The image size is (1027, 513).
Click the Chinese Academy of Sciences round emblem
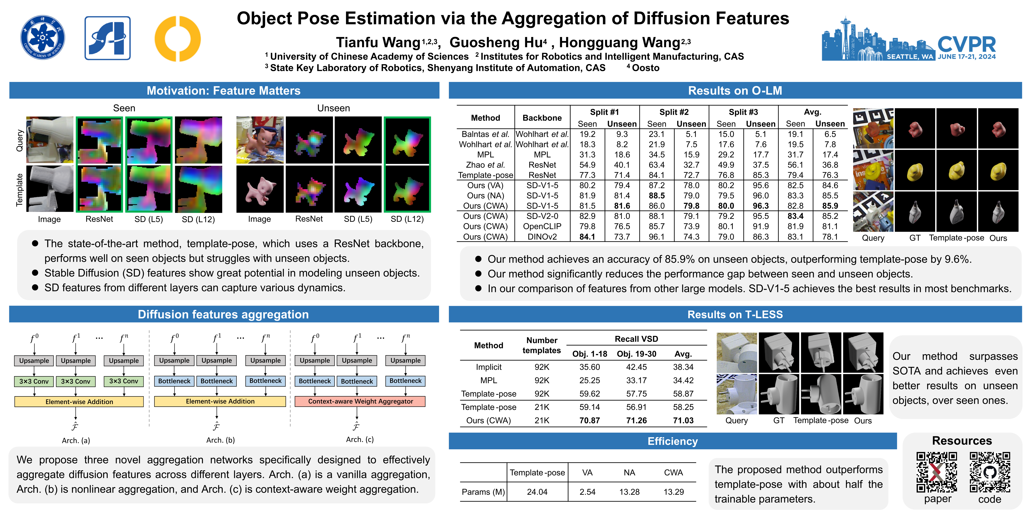[x=43, y=38]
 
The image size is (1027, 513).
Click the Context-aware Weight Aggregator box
[x=360, y=401]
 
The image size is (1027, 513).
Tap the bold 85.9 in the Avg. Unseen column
[x=830, y=206]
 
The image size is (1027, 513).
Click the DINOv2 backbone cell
[x=542, y=237]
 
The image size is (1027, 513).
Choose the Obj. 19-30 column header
[x=636, y=354]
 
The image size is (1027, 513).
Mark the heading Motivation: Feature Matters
[x=224, y=91]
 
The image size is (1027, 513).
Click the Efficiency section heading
[x=673, y=441]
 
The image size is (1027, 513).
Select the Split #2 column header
[x=674, y=112]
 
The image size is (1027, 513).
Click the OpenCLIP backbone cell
[x=542, y=226]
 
